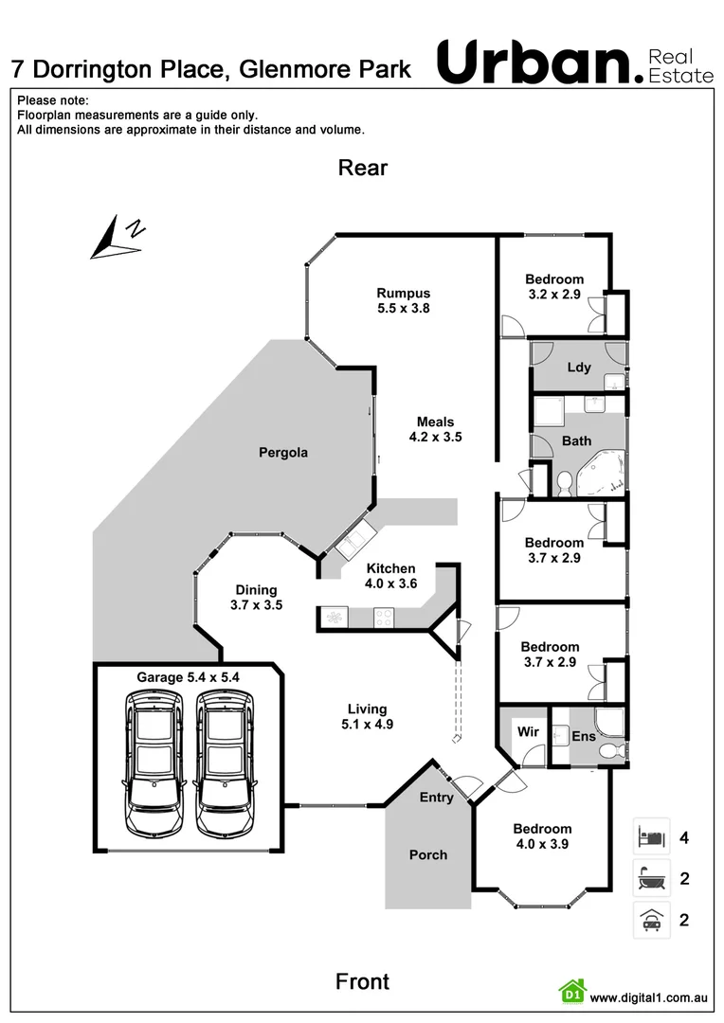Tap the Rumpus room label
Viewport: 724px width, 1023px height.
pyautogui.click(x=403, y=300)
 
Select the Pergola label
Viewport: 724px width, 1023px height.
pyautogui.click(x=283, y=453)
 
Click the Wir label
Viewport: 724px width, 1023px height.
pyautogui.click(x=527, y=731)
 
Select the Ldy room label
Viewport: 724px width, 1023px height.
pyautogui.click(x=578, y=368)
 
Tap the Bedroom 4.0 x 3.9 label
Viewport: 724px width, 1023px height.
pyautogui.click(x=543, y=836)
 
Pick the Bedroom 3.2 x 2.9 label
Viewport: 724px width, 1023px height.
pyautogui.click(x=554, y=286)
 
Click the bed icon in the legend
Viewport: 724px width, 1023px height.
pyautogui.click(x=651, y=837)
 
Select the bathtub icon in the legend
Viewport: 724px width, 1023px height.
pyautogui.click(x=651, y=878)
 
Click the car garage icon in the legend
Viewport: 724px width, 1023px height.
pyautogui.click(x=651, y=920)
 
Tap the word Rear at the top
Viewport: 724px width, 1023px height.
pyautogui.click(x=363, y=168)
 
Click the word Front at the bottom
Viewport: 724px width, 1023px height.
pyautogui.click(x=362, y=981)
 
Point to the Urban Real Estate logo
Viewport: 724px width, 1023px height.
pyautogui.click(x=573, y=63)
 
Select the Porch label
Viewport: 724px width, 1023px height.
pyautogui.click(x=428, y=854)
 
